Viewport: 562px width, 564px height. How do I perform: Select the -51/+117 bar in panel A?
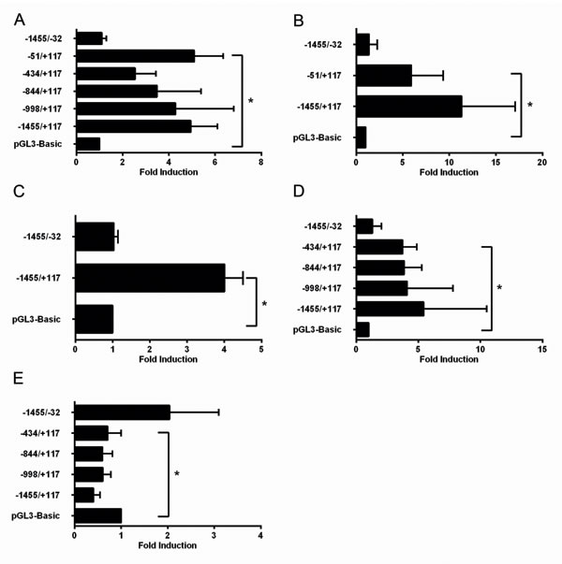pyautogui.click(x=135, y=56)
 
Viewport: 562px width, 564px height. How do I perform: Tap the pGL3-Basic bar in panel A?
pyautogui.click(x=88, y=143)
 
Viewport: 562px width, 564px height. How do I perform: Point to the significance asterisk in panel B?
pyautogui.click(x=531, y=105)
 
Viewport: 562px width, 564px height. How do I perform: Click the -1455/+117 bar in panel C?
pyautogui.click(x=150, y=278)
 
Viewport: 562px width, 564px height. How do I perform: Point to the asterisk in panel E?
pyautogui.click(x=176, y=474)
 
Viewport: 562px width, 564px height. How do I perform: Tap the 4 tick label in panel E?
pyautogui.click(x=260, y=536)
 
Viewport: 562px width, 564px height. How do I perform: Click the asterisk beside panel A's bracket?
pyautogui.click(x=250, y=100)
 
